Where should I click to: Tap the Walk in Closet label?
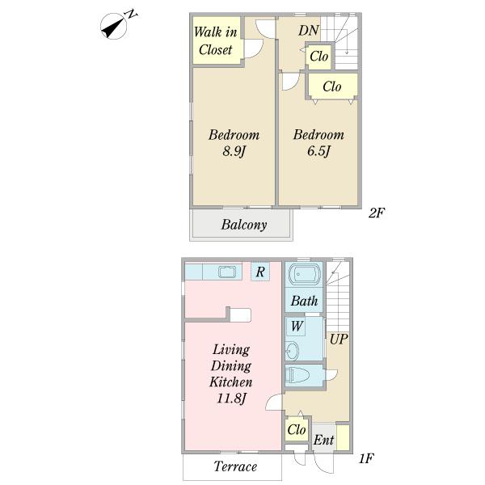[216, 40]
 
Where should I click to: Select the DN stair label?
[309, 31]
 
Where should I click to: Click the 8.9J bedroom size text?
[234, 151]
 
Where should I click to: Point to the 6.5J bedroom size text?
[319, 151]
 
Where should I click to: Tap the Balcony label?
[244, 225]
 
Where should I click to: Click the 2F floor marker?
[377, 213]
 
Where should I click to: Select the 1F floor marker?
[366, 458]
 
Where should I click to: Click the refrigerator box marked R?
[260, 272]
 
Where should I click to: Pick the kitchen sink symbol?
[227, 272]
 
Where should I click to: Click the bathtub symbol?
[304, 274]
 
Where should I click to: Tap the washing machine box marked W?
[296, 326]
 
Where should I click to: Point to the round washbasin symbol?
[292, 351]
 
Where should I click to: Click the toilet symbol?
[297, 376]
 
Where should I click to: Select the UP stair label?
[339, 339]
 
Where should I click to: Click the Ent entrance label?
[324, 440]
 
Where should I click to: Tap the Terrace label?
[235, 466]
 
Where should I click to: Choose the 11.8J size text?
[232, 398]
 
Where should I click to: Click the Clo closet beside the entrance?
[297, 429]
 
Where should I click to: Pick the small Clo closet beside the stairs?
[319, 57]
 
